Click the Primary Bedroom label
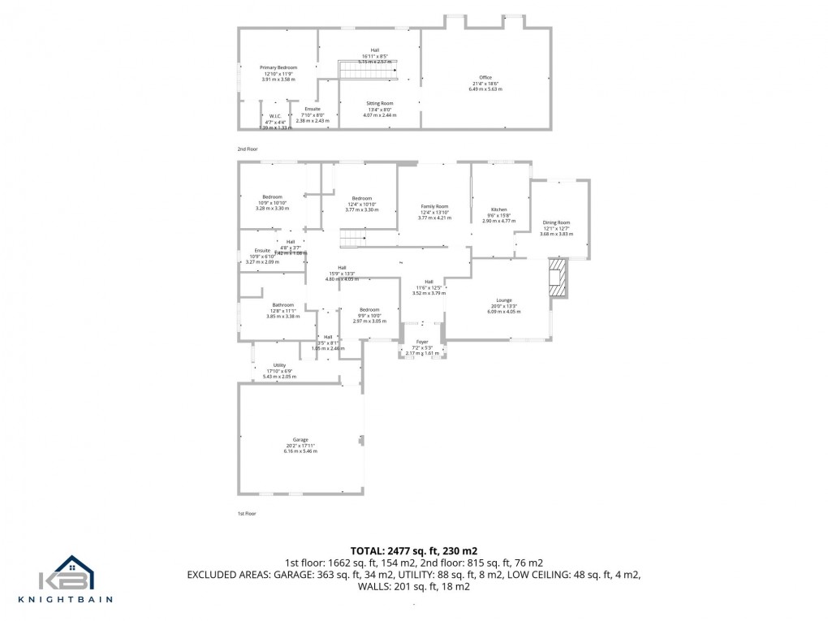click(278, 67)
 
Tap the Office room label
click(485, 78)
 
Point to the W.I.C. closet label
click(275, 116)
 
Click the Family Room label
click(433, 207)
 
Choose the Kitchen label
click(498, 209)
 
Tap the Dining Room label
click(556, 222)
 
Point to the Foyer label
click(422, 342)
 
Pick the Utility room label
click(279, 365)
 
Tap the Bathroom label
click(282, 304)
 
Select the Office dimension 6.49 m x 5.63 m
click(485, 88)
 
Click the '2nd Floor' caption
click(248, 149)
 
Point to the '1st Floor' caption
click(247, 514)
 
